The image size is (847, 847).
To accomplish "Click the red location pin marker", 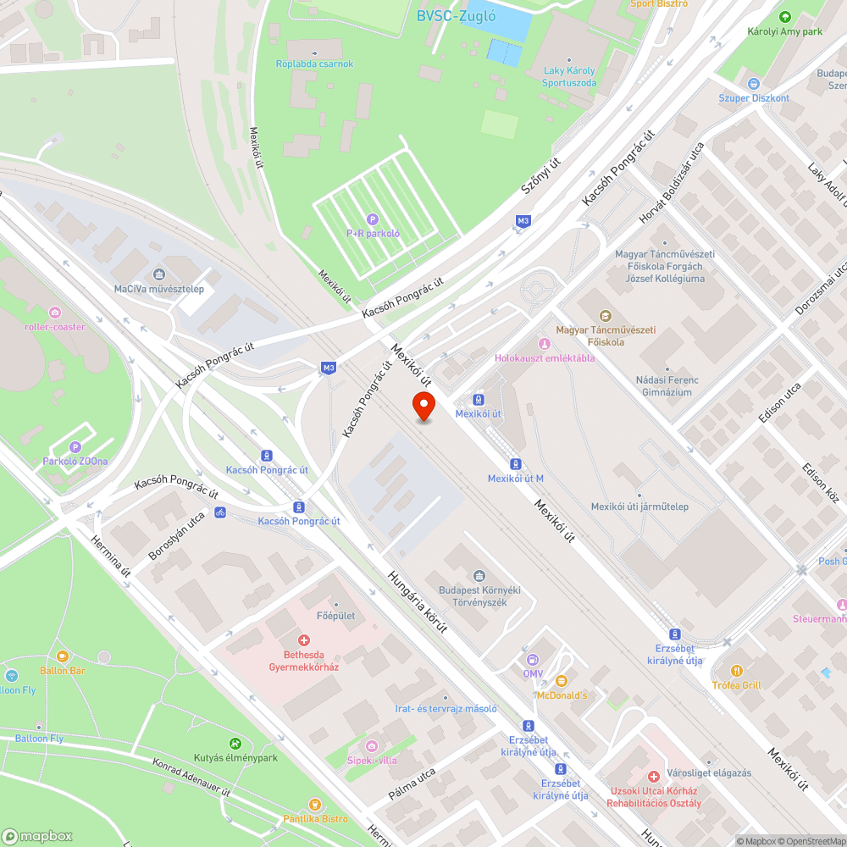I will pyautogui.click(x=423, y=406).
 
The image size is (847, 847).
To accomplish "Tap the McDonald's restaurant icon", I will pyautogui.click(x=561, y=680).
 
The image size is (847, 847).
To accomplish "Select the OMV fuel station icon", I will pyautogui.click(x=532, y=659).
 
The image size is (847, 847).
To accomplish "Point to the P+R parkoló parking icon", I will pyautogui.click(x=372, y=219).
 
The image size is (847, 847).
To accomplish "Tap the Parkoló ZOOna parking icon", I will pyautogui.click(x=75, y=447).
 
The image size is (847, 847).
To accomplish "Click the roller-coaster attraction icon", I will pyautogui.click(x=55, y=313).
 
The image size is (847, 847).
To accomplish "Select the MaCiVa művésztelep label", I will pyautogui.click(x=159, y=289).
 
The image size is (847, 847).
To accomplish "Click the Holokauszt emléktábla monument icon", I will pyautogui.click(x=545, y=344).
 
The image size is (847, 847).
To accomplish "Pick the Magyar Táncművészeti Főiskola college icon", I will pyautogui.click(x=604, y=316).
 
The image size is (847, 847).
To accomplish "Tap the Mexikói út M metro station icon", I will pyautogui.click(x=515, y=464).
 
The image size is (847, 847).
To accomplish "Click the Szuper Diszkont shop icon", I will pyautogui.click(x=754, y=83).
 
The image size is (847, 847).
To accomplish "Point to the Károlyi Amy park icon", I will pyautogui.click(x=785, y=17).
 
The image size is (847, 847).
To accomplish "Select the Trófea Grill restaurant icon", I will pyautogui.click(x=737, y=671).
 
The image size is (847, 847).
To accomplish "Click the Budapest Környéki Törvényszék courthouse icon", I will pyautogui.click(x=479, y=577).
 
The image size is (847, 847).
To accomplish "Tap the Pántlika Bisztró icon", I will pyautogui.click(x=315, y=804).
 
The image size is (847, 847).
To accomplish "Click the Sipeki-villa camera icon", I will pyautogui.click(x=372, y=745).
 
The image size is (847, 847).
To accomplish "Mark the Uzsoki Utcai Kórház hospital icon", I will pyautogui.click(x=653, y=777).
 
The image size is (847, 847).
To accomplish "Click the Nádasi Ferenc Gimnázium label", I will pyautogui.click(x=667, y=386).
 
